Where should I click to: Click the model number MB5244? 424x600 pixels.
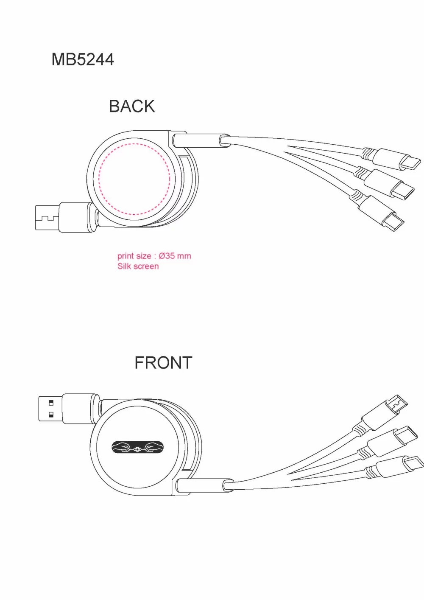[x=83, y=59]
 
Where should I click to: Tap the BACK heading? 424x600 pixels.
[x=132, y=106]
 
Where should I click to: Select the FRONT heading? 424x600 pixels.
[x=163, y=363]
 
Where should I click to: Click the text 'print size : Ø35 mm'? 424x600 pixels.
[x=154, y=256]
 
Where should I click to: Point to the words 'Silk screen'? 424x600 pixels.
[x=138, y=266]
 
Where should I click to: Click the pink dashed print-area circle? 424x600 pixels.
[x=99, y=179]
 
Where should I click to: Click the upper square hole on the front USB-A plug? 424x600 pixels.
[x=51, y=403]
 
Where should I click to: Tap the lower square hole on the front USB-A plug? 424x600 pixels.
[x=51, y=415]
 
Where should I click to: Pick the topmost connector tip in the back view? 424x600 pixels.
[x=410, y=163]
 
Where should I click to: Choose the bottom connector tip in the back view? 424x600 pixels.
[x=393, y=221]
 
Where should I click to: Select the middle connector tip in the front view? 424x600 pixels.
[x=407, y=435]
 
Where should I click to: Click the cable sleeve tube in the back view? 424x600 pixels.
[x=201, y=140]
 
